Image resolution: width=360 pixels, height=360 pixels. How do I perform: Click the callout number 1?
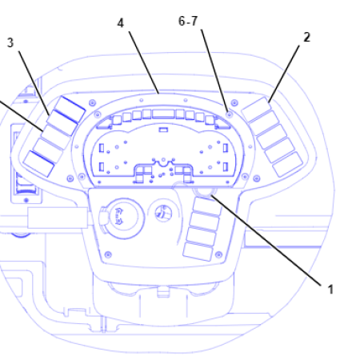point(328,290)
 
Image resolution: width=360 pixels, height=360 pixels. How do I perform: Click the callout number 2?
point(306,37)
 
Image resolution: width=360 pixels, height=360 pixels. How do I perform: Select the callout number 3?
point(10,42)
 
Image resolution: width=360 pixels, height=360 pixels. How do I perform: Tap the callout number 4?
point(121,23)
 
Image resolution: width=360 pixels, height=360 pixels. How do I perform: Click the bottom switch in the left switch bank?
point(38,162)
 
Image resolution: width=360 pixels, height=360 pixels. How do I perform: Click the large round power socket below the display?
point(118,214)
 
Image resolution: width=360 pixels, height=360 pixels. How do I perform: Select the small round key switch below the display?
point(163,213)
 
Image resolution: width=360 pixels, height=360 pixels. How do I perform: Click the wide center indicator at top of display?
point(164,115)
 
